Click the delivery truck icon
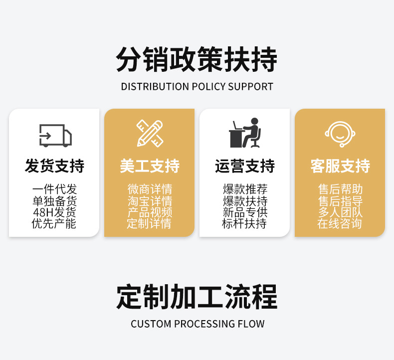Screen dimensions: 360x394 [55, 135]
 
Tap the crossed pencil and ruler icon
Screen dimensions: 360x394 [150, 134]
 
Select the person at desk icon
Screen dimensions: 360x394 [244, 133]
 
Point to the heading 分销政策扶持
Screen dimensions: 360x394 [197, 60]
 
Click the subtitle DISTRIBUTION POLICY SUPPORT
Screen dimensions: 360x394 [197, 87]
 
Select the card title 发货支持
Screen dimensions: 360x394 [54, 166]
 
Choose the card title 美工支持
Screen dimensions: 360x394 [150, 166]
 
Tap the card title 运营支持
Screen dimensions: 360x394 [244, 166]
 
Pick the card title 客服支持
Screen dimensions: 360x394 [340, 166]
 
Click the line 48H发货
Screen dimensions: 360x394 [54, 212]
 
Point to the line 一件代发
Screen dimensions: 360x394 [54, 189]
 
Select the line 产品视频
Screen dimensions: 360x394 [150, 212]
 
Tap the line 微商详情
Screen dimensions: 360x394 [150, 189]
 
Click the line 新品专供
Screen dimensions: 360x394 [244, 212]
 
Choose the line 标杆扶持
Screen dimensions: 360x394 [244, 224]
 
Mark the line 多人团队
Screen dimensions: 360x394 [340, 212]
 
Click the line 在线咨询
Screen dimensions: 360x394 [340, 224]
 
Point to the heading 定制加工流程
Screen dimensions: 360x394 [197, 297]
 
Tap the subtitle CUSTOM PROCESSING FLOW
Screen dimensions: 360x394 [197, 324]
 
